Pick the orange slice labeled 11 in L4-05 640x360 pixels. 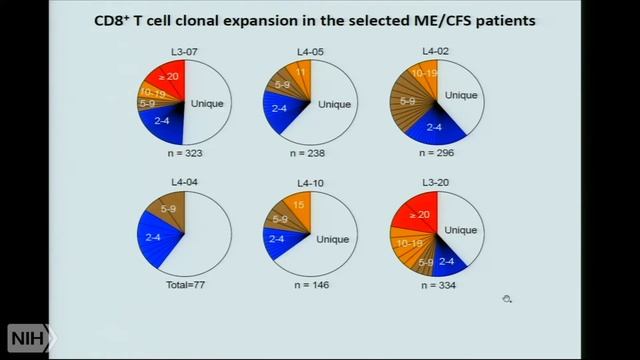(299, 72)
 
